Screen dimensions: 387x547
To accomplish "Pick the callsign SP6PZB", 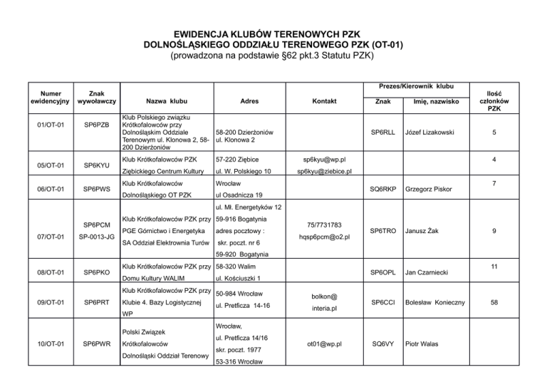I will [96, 132].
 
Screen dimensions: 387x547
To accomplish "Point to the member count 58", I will [504, 301].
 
